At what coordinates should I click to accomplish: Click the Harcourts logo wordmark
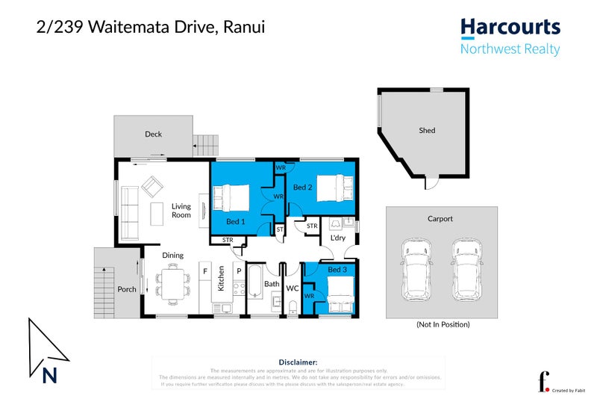510,28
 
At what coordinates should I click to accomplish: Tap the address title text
151,28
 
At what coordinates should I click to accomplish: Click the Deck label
153,134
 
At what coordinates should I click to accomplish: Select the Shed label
426,131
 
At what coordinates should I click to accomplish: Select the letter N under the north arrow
50,376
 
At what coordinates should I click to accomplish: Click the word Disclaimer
298,362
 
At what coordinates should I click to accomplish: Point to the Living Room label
181,211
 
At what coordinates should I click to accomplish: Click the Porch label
126,289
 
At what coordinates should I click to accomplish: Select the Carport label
440,219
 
